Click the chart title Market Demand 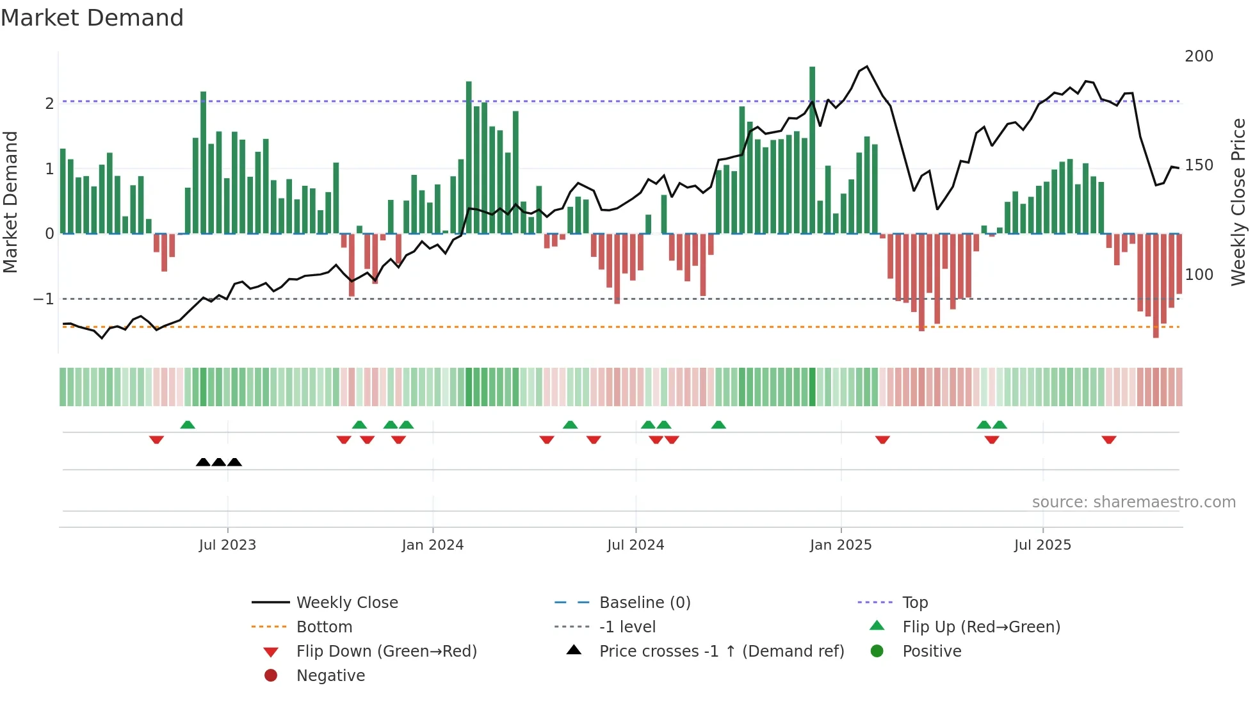pos(92,18)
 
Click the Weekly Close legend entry pos(346,603)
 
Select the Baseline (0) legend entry pos(644,603)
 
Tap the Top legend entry pos(914,603)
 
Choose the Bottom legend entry pos(324,627)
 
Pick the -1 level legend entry pos(627,627)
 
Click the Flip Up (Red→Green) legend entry pos(980,627)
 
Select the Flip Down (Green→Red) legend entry pos(386,652)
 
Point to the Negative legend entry pos(330,676)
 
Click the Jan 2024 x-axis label pos(432,545)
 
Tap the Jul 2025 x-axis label pos(1042,545)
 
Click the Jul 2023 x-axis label pos(227,545)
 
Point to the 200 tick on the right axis pos(1199,56)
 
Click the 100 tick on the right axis pos(1199,275)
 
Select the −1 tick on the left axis pos(44,299)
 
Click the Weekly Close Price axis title pos(1238,202)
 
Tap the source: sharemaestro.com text pos(1133,502)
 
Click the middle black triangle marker pos(219,463)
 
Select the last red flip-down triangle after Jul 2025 pos(1109,439)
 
